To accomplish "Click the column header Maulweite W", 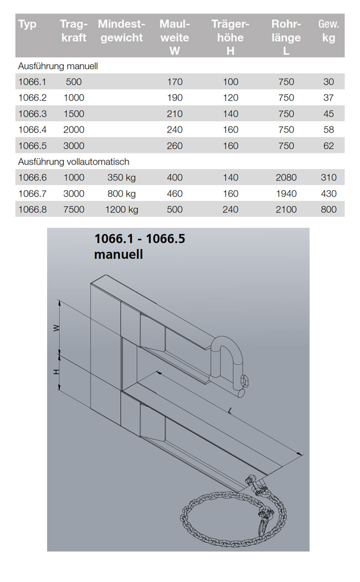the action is (x=174, y=37).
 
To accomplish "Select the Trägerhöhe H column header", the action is (x=230, y=37).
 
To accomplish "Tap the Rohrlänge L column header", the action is (x=286, y=37).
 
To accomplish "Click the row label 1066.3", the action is (x=33, y=114).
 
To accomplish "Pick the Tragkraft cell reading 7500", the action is (x=74, y=210).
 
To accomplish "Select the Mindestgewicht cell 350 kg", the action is (x=122, y=178).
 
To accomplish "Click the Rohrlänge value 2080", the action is (x=286, y=177).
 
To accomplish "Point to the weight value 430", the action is (x=328, y=193).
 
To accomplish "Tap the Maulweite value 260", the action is (x=174, y=145).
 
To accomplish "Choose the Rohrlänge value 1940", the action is (x=286, y=193).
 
